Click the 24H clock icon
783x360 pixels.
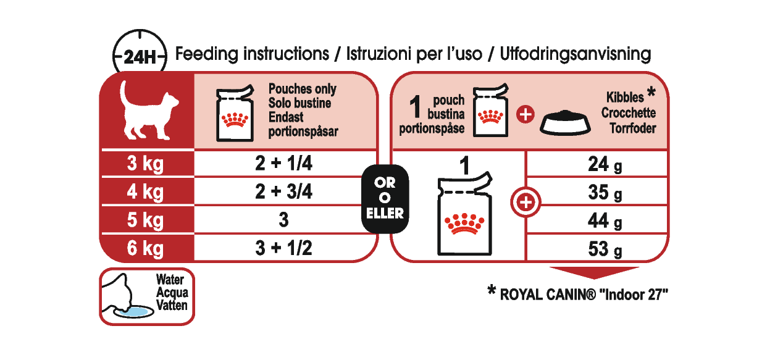point(140,57)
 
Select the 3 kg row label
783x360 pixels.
point(145,164)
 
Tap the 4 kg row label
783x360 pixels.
point(145,192)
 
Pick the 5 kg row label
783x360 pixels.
point(145,220)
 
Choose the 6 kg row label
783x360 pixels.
point(145,248)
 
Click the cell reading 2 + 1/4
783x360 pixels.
point(283,164)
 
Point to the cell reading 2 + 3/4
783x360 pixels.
point(283,192)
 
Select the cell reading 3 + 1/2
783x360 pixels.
point(283,248)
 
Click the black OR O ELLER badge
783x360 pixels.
point(385,198)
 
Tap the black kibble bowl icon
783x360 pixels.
point(566,123)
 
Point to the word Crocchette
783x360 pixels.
point(628,114)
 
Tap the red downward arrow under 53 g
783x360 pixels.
point(594,273)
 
